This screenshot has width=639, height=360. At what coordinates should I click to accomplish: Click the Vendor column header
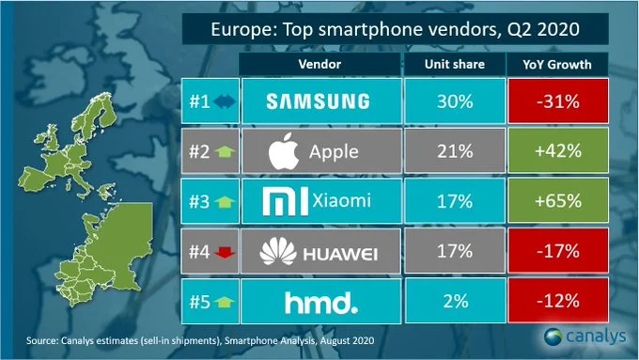tap(319, 64)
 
